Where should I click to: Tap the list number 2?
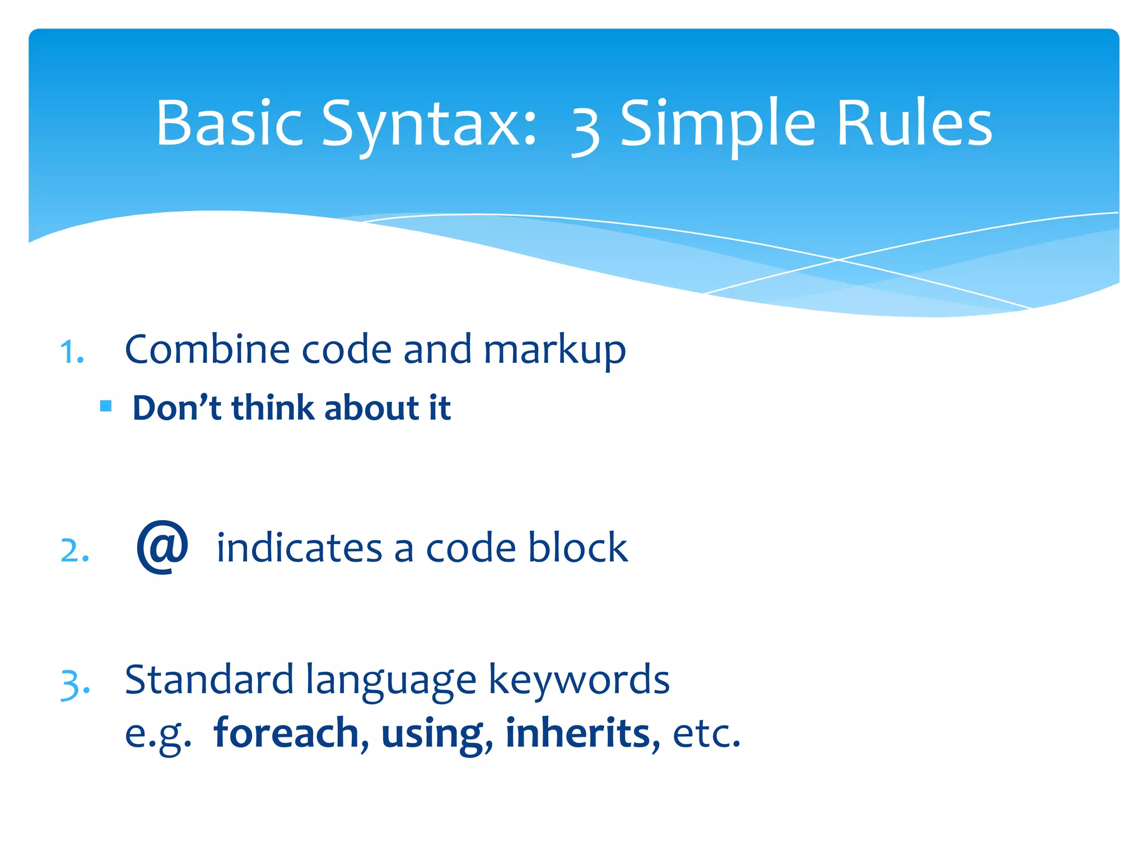(74, 551)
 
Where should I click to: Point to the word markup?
(554, 350)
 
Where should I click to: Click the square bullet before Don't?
(106, 405)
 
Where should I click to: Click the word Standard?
(209, 680)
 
